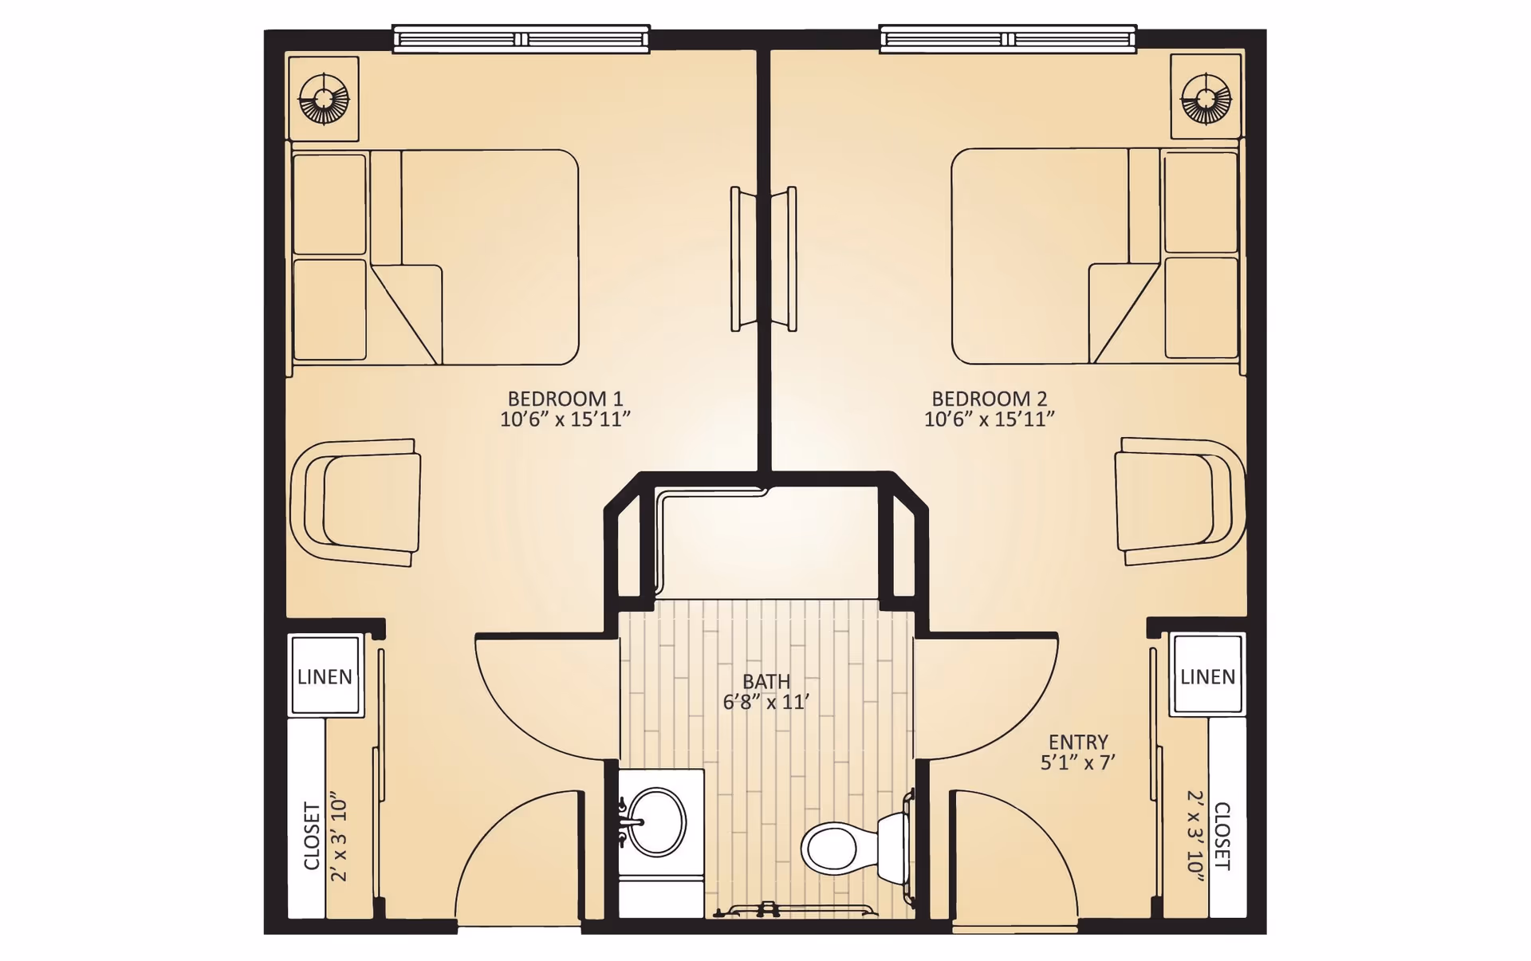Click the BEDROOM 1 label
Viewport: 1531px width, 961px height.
565,399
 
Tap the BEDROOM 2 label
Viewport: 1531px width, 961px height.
989,399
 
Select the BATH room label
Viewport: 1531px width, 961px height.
766,682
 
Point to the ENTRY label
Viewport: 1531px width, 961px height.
1078,742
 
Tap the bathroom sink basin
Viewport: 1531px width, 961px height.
657,822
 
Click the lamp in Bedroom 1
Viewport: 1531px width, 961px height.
324,99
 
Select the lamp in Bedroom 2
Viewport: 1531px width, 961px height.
1206,99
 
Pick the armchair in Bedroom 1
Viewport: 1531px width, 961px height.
356,502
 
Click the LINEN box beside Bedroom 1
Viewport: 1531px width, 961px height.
325,675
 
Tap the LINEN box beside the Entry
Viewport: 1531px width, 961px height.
1207,675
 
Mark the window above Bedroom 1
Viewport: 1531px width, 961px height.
521,39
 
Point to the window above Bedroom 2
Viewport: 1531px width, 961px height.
1008,39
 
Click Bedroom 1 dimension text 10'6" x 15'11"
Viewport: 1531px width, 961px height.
565,419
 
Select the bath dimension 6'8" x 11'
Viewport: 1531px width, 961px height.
766,703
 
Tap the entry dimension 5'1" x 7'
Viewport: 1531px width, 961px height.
1078,762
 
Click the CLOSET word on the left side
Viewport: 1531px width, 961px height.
312,836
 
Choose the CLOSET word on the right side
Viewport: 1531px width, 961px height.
1222,836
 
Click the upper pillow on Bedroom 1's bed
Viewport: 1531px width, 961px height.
329,204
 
